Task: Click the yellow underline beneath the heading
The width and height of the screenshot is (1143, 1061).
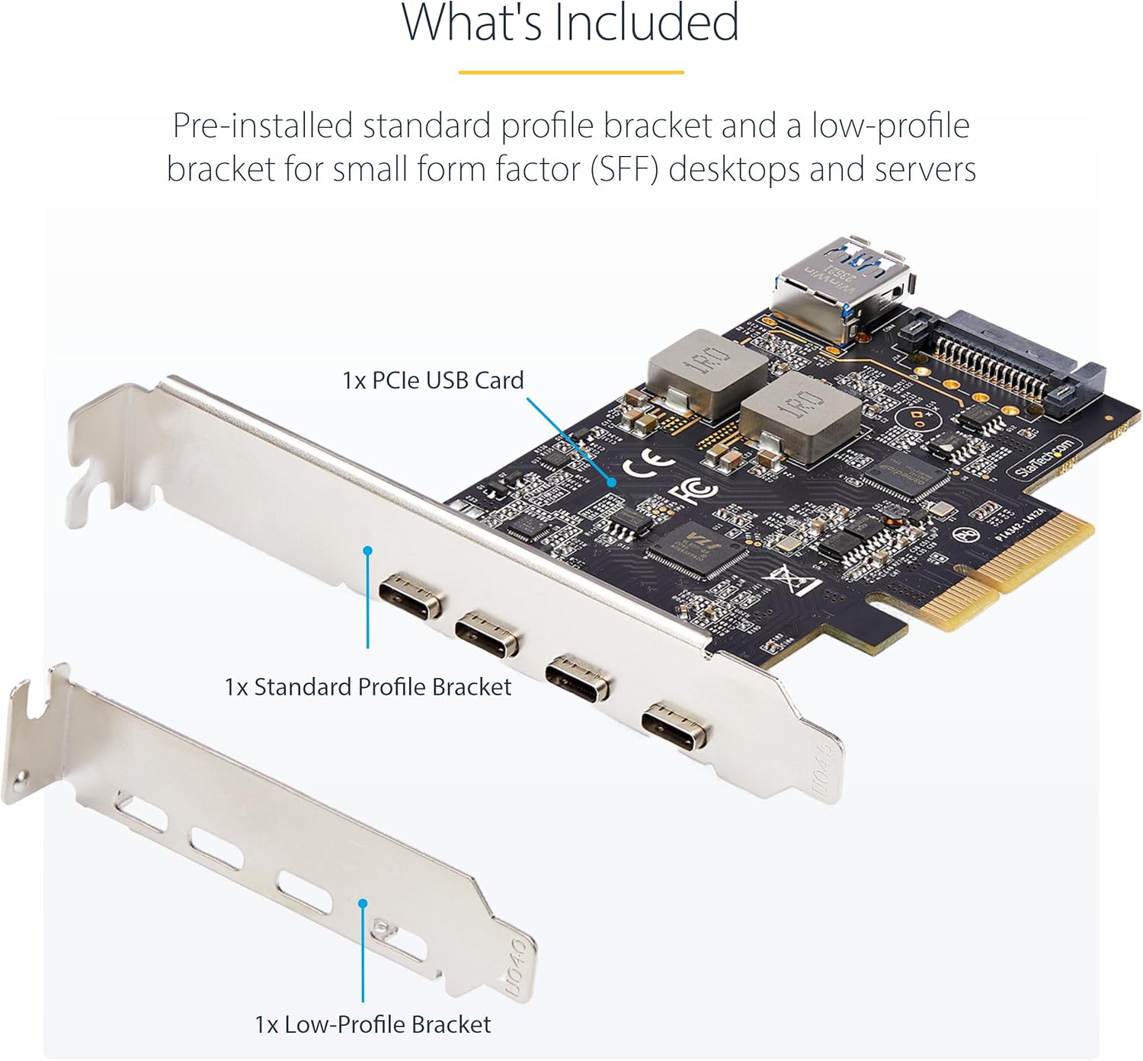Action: (x=571, y=72)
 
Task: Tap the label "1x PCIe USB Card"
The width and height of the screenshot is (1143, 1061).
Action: (x=433, y=380)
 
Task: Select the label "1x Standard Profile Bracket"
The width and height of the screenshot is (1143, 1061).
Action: (x=367, y=686)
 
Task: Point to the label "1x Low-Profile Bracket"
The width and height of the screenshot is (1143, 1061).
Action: (x=373, y=1024)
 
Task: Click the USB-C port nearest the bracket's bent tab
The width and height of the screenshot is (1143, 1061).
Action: (x=411, y=596)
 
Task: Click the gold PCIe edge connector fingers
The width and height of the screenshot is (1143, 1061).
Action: (x=1013, y=571)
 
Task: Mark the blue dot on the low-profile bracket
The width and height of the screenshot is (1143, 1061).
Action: (x=363, y=903)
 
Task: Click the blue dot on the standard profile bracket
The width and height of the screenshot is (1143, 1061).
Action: (x=367, y=550)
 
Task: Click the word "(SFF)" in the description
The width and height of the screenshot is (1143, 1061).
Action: (x=625, y=169)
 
